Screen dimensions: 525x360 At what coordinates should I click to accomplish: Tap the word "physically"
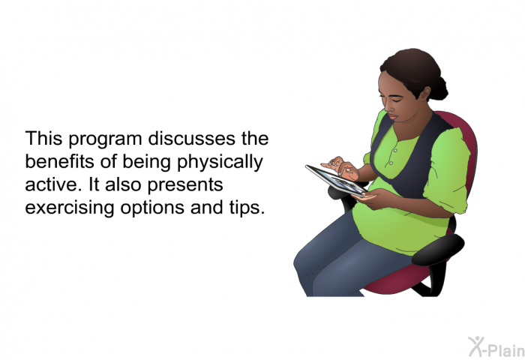pyautogui.click(x=220, y=163)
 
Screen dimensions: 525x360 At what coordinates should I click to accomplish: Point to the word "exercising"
pyautogui.click(x=70, y=208)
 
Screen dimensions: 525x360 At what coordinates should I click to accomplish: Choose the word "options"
pyautogui.click(x=152, y=208)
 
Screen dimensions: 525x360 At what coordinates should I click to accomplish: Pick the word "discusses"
pyautogui.click(x=192, y=139)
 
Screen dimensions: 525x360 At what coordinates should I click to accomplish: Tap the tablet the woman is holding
pyautogui.click(x=336, y=181)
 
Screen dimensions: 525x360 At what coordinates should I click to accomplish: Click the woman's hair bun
pyautogui.click(x=439, y=88)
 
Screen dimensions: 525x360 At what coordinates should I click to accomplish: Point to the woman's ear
pyautogui.click(x=425, y=94)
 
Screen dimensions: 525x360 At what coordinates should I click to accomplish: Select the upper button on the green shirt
pyautogui.click(x=395, y=151)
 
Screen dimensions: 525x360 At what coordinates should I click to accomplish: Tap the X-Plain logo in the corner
pyautogui.click(x=496, y=346)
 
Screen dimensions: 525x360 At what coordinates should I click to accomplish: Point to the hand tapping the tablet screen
pyautogui.click(x=340, y=167)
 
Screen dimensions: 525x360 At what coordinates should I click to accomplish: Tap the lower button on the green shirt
pyautogui.click(x=391, y=163)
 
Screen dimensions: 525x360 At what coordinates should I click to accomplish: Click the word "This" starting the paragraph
pyautogui.click(x=43, y=139)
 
